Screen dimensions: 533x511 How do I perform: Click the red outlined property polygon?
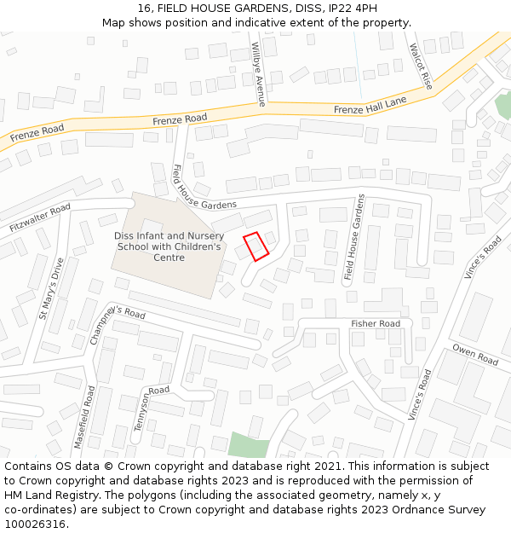coord(256,246)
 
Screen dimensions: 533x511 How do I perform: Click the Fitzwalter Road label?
coord(40,219)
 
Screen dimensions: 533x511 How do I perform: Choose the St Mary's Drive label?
coord(51,288)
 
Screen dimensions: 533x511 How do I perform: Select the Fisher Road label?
coord(376,324)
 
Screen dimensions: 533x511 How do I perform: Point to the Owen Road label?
coord(474,355)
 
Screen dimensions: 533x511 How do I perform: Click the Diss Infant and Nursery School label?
coord(168,246)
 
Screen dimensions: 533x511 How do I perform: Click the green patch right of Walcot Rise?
coord(503,107)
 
